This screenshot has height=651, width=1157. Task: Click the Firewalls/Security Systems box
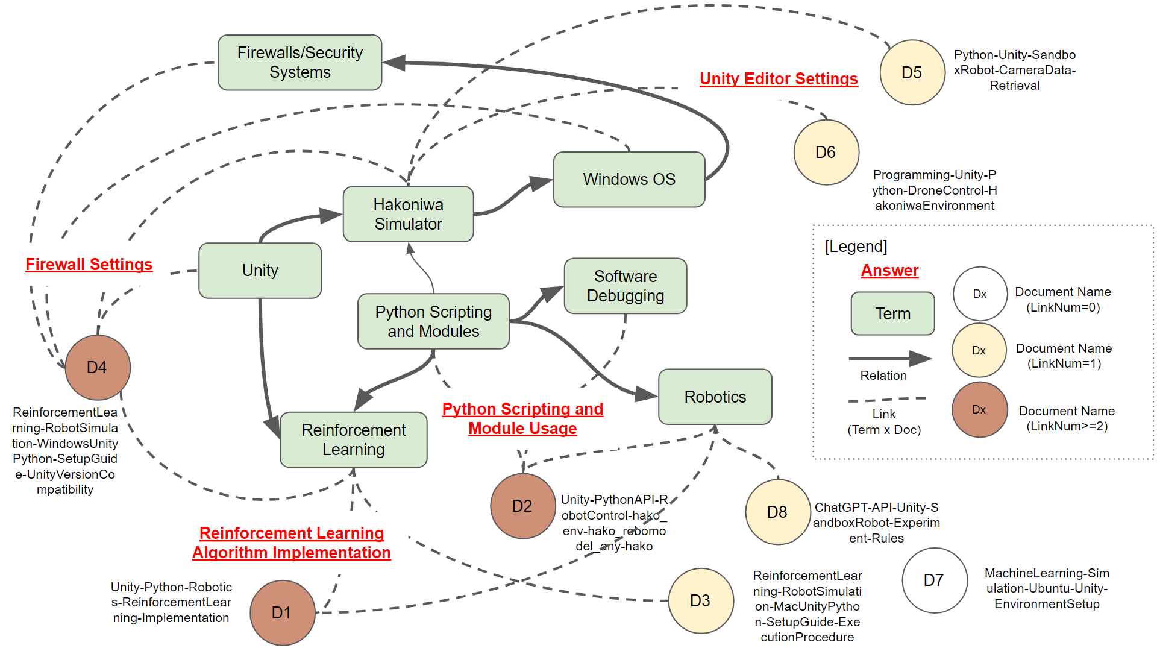[x=299, y=62]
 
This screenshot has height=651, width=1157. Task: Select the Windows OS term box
[x=629, y=179]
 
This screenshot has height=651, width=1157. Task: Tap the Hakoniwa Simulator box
[x=408, y=214]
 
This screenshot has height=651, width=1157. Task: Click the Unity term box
[x=260, y=270]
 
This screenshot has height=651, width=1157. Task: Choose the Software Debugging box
[x=625, y=286]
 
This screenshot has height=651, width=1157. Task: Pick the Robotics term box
[x=715, y=397]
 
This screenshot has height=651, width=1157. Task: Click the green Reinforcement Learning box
[x=353, y=439]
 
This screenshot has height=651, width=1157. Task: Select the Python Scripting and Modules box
[x=433, y=321]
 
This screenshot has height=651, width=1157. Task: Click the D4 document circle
[x=98, y=367]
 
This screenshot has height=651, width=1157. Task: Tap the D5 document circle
[x=912, y=72]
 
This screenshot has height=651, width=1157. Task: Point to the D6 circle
[x=826, y=152]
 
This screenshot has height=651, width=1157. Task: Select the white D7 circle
[x=934, y=580]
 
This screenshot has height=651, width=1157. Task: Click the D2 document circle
[x=522, y=506]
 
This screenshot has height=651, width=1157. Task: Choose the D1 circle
[x=282, y=612]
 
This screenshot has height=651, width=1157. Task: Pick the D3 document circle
[x=700, y=600]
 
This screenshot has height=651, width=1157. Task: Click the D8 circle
[x=777, y=512]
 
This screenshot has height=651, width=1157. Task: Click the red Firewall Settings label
[x=89, y=264]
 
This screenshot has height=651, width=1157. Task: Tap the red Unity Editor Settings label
[x=779, y=78]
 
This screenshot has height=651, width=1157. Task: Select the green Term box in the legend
[x=892, y=313]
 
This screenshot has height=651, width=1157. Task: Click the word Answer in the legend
[x=889, y=270]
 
